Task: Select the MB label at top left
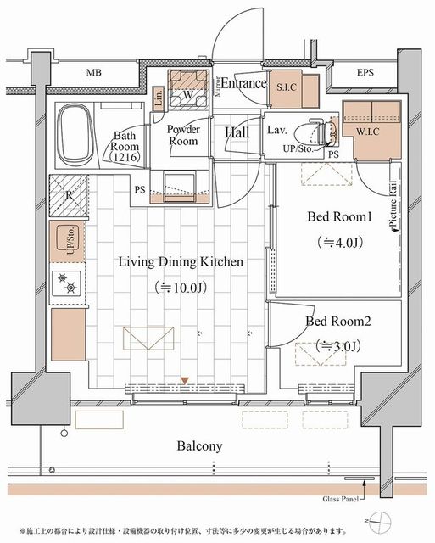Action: click(x=94, y=73)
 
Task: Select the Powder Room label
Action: click(x=182, y=135)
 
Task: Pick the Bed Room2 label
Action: click(x=336, y=322)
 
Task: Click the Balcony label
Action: click(x=200, y=445)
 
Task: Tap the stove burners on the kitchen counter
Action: click(x=66, y=283)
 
